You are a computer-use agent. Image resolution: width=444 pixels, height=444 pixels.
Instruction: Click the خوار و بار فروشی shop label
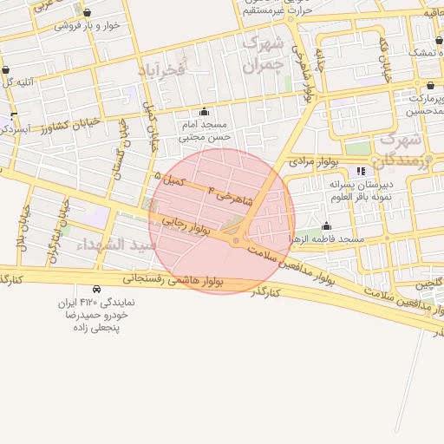tap(87, 25)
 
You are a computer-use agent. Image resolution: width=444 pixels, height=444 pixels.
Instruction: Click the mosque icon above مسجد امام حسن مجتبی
tap(204, 111)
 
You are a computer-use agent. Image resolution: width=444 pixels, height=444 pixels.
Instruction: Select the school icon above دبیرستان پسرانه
tap(361, 172)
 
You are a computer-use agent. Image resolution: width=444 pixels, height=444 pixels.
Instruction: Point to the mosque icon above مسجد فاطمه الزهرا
tap(326, 226)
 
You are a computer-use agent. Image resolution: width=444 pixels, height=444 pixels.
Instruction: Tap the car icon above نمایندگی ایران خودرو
tap(95, 288)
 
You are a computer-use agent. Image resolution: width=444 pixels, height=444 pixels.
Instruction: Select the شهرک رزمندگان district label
tap(400, 149)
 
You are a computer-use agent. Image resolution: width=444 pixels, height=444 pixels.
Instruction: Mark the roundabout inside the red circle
tap(236, 239)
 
